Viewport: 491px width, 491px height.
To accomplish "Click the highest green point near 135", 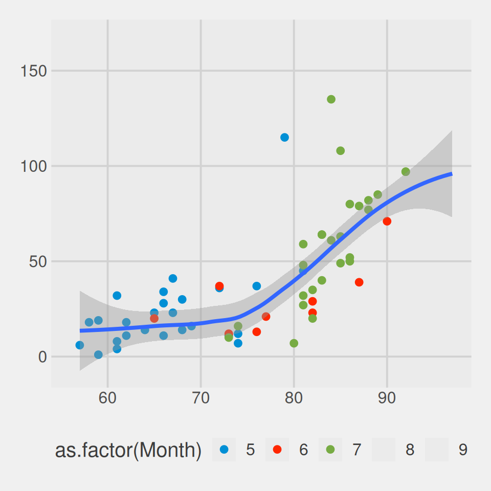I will click(331, 99).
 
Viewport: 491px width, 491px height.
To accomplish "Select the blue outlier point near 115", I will click(284, 137).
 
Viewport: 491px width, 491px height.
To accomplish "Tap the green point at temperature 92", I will click(406, 172).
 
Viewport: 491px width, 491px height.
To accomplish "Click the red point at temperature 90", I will click(387, 221).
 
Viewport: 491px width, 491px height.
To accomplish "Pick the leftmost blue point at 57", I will click(80, 345).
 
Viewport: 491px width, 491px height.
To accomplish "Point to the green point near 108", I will click(340, 151).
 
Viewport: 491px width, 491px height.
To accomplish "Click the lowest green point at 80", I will click(294, 343).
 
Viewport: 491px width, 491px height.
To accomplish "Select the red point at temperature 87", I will click(359, 282).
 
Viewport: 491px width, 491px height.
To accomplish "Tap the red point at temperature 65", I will click(154, 319).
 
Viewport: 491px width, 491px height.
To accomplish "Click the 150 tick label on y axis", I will click(34, 71).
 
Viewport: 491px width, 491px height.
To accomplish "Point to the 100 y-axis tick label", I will click(34, 166).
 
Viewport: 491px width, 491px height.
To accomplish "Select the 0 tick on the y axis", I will click(42, 357).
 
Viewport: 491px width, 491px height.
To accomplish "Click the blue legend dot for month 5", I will click(224, 450).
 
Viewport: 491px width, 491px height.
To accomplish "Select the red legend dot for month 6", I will click(277, 450).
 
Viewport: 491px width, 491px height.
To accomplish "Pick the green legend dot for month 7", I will click(330, 450).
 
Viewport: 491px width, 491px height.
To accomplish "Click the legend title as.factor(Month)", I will click(128, 450).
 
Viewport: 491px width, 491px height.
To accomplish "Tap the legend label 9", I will click(463, 450).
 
